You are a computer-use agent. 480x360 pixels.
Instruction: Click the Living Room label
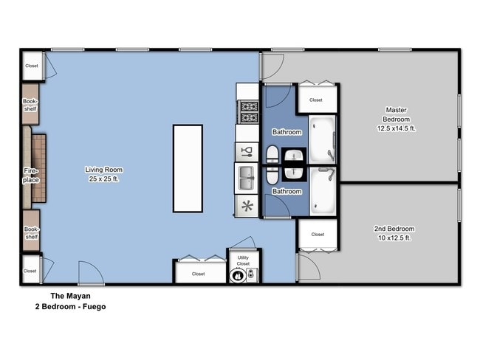(103, 169)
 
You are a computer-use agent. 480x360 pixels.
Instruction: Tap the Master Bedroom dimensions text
(396, 128)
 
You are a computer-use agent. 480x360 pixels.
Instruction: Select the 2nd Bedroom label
(394, 229)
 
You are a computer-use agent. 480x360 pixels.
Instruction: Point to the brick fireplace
(38, 167)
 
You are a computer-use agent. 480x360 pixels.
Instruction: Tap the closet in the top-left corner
(32, 66)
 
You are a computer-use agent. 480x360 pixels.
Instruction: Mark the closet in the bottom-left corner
(30, 271)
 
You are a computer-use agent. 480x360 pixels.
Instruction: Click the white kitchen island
(188, 168)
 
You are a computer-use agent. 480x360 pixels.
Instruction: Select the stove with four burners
(247, 111)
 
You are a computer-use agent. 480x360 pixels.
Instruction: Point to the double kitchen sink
(246, 178)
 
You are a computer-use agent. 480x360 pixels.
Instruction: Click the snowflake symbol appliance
(246, 206)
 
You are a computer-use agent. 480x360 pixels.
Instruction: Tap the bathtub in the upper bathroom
(322, 140)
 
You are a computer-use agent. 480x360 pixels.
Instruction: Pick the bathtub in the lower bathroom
(322, 191)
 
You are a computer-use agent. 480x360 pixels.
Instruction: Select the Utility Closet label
(243, 260)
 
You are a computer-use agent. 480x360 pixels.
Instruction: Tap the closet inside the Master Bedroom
(316, 100)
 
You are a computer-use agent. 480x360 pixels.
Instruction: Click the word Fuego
(94, 306)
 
